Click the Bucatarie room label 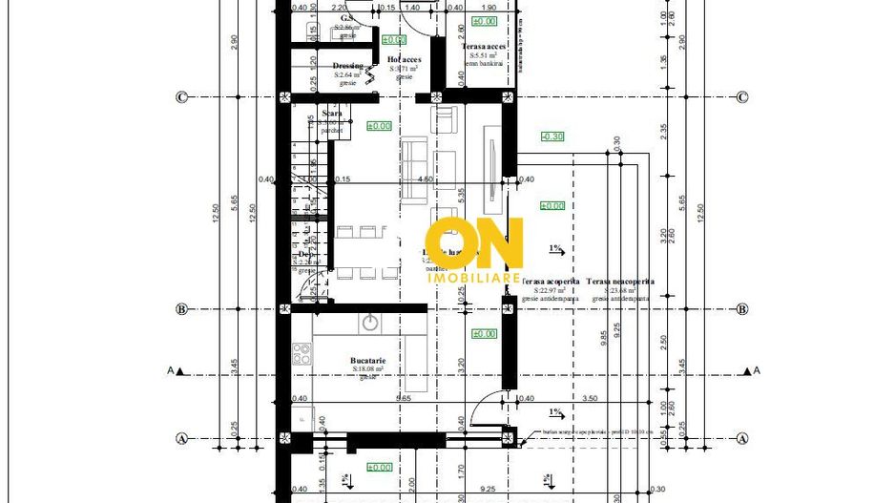point(367,359)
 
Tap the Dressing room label point(347,66)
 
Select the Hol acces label point(405,59)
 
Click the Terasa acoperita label point(551,282)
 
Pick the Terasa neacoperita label point(620,282)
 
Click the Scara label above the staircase point(332,114)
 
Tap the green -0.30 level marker point(552,136)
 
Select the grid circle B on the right point(741,309)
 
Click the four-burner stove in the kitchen point(301,353)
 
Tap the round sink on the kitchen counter point(369,323)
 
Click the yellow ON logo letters point(474,243)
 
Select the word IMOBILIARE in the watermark point(474,278)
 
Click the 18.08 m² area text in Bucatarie point(367,368)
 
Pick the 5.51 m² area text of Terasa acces point(483,55)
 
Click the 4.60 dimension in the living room point(427,178)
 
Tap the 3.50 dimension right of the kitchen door point(589,398)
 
